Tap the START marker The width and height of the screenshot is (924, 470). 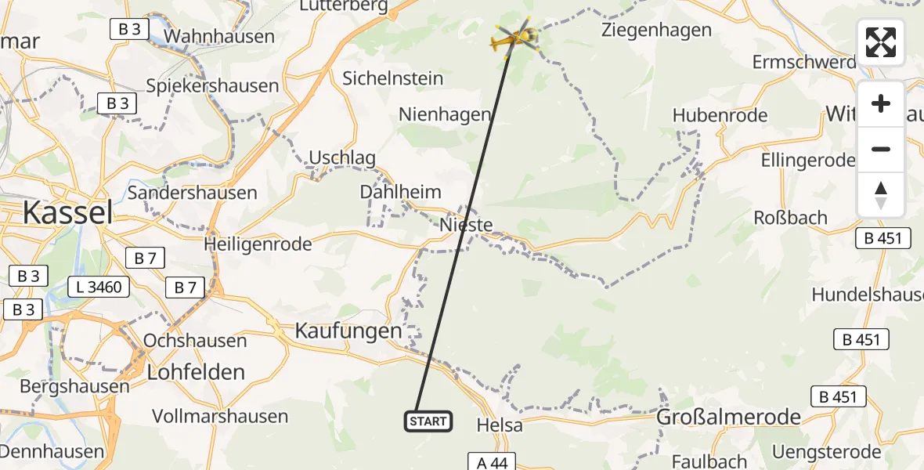pos(428,421)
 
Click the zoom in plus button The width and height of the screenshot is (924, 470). pos(881,103)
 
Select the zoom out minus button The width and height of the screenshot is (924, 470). pos(881,149)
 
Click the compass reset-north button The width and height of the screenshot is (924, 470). pos(881,195)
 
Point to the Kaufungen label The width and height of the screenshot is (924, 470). pos(348,331)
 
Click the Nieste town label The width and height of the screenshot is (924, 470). pos(467,226)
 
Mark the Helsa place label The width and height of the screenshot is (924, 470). pos(500,425)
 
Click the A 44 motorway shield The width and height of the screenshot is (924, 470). pos(493,462)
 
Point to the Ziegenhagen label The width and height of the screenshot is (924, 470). pos(656,31)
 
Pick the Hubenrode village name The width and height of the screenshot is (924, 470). pos(720,116)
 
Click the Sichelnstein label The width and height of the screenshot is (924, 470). pos(393,78)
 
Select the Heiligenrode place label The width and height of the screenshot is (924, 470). pos(258,244)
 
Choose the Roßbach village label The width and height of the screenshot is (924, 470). pos(790,218)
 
